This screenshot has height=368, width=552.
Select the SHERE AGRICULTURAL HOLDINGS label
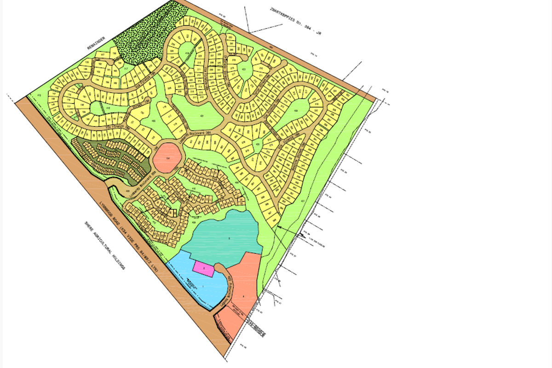105,247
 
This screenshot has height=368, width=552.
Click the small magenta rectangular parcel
203,268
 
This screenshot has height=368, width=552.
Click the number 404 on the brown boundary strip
271,47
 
